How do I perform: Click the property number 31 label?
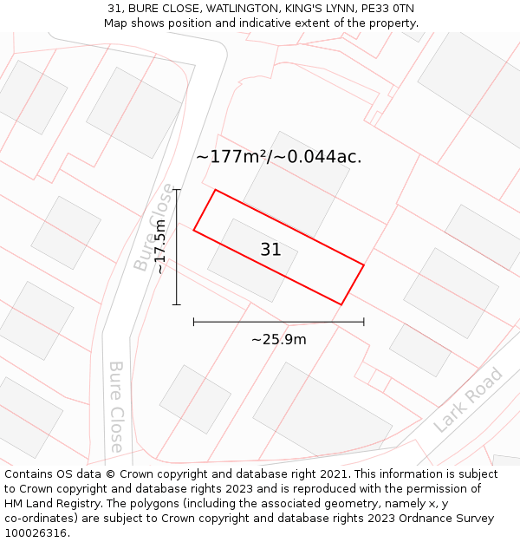[x=270, y=250]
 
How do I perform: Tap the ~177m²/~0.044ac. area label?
[x=278, y=157]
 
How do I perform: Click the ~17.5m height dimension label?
[x=160, y=246]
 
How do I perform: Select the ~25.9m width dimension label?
[x=278, y=339]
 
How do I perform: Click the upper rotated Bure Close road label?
[x=154, y=226]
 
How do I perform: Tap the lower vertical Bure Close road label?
[x=116, y=407]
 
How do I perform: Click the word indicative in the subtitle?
[x=275, y=23]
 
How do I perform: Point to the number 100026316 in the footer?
[x=35, y=532]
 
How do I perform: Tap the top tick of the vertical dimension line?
[x=176, y=190]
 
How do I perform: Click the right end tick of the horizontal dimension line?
[x=364, y=322]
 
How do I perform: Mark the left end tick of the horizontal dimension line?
[x=193, y=322]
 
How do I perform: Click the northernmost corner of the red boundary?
[x=215, y=190]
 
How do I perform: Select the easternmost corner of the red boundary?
[x=364, y=264]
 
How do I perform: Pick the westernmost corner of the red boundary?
[x=193, y=230]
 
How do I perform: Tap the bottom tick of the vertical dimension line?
[x=176, y=304]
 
